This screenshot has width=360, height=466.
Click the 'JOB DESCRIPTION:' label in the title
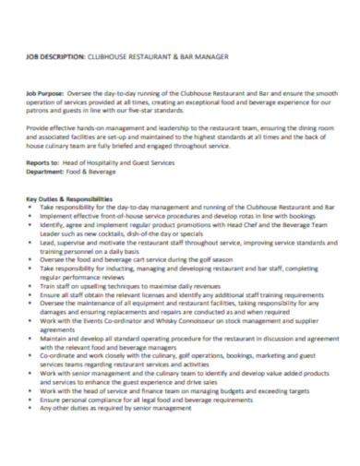click(x=57, y=58)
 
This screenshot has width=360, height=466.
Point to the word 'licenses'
click(x=154, y=294)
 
